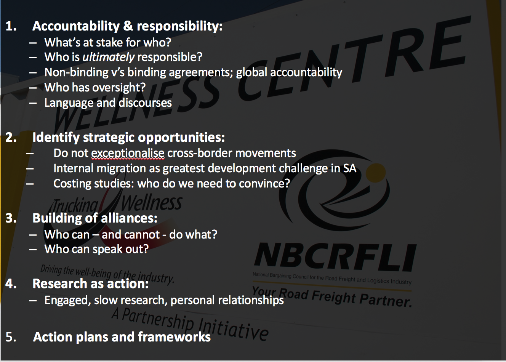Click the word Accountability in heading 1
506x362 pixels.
[76, 27]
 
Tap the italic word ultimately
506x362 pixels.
[109, 57]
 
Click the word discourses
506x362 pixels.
[145, 103]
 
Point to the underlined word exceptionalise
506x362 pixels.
[128, 153]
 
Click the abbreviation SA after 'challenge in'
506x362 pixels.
[350, 168]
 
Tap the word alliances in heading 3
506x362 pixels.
[127, 218]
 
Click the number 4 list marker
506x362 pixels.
[9, 284]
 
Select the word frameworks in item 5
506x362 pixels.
[174, 337]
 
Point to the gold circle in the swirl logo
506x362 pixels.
[376, 173]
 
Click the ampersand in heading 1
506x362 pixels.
[128, 26]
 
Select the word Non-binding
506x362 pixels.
[76, 73]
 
